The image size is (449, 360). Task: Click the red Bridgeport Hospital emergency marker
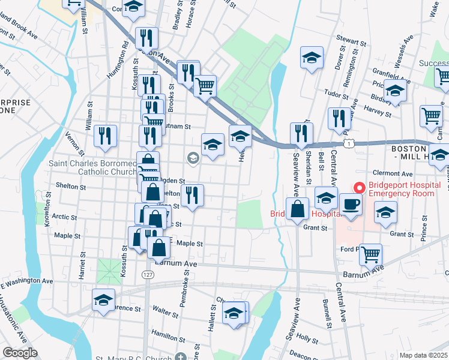click(x=359, y=188)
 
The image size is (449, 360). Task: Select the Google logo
click(x=20, y=353)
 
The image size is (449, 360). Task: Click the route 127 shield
click(x=148, y=274)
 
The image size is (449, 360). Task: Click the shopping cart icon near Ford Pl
click(x=370, y=254)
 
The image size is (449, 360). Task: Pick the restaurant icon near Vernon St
click(x=106, y=135)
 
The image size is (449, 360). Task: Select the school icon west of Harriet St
click(x=103, y=299)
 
